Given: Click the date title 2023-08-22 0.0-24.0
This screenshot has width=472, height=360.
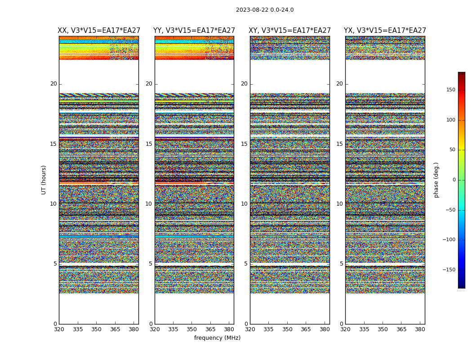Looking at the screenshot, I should (x=265, y=10).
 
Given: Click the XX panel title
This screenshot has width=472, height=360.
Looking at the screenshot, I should (x=99, y=31).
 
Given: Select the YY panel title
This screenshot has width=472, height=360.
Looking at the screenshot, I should (x=194, y=31).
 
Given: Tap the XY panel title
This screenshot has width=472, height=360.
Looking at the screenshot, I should (x=290, y=31).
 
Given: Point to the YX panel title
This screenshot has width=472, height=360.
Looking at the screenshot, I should (x=385, y=31).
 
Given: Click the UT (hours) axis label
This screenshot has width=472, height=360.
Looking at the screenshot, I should (x=44, y=180).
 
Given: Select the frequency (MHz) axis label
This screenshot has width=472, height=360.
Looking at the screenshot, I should (x=217, y=338).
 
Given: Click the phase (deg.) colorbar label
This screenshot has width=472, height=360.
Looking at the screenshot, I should (x=436, y=180).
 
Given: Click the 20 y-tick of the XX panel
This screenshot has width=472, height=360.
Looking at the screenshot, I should (x=53, y=84).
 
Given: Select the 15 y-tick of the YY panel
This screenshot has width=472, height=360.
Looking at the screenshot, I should (x=149, y=144).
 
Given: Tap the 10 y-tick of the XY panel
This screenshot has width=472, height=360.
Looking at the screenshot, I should (x=244, y=204).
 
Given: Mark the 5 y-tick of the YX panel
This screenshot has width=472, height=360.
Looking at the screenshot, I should (x=341, y=264).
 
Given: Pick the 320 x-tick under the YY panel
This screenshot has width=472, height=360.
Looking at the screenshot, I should (x=155, y=329).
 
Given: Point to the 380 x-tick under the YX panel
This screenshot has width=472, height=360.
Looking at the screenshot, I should (x=420, y=329).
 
